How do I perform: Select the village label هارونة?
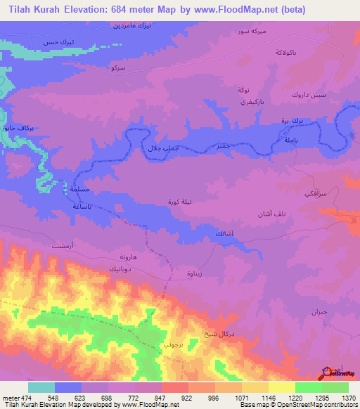133,258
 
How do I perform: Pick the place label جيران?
319,311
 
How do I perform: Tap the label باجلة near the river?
291,141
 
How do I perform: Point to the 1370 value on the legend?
349,396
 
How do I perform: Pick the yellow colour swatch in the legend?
281,387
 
